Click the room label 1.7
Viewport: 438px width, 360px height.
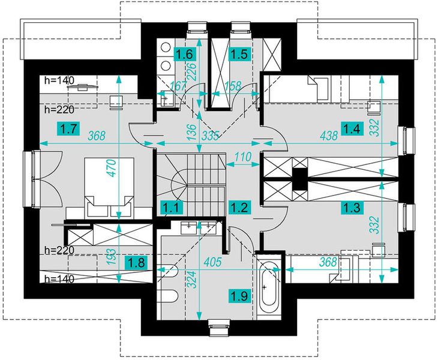(69, 129)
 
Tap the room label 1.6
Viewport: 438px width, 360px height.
(185, 54)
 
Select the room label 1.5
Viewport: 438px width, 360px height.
(240, 54)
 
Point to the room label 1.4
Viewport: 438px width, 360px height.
(353, 128)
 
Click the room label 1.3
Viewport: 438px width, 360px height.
(353, 208)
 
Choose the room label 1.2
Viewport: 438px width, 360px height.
(239, 208)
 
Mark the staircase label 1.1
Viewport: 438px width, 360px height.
(173, 207)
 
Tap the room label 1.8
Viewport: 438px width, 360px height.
(136, 263)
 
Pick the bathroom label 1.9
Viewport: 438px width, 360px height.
(240, 295)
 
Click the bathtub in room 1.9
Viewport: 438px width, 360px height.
(268, 288)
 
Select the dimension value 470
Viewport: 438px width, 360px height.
(112, 168)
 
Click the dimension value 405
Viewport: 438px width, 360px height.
(212, 262)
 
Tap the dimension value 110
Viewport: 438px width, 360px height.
(242, 157)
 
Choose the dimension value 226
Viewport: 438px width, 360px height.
(193, 72)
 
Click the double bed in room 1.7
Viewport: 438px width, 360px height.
(109, 187)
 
